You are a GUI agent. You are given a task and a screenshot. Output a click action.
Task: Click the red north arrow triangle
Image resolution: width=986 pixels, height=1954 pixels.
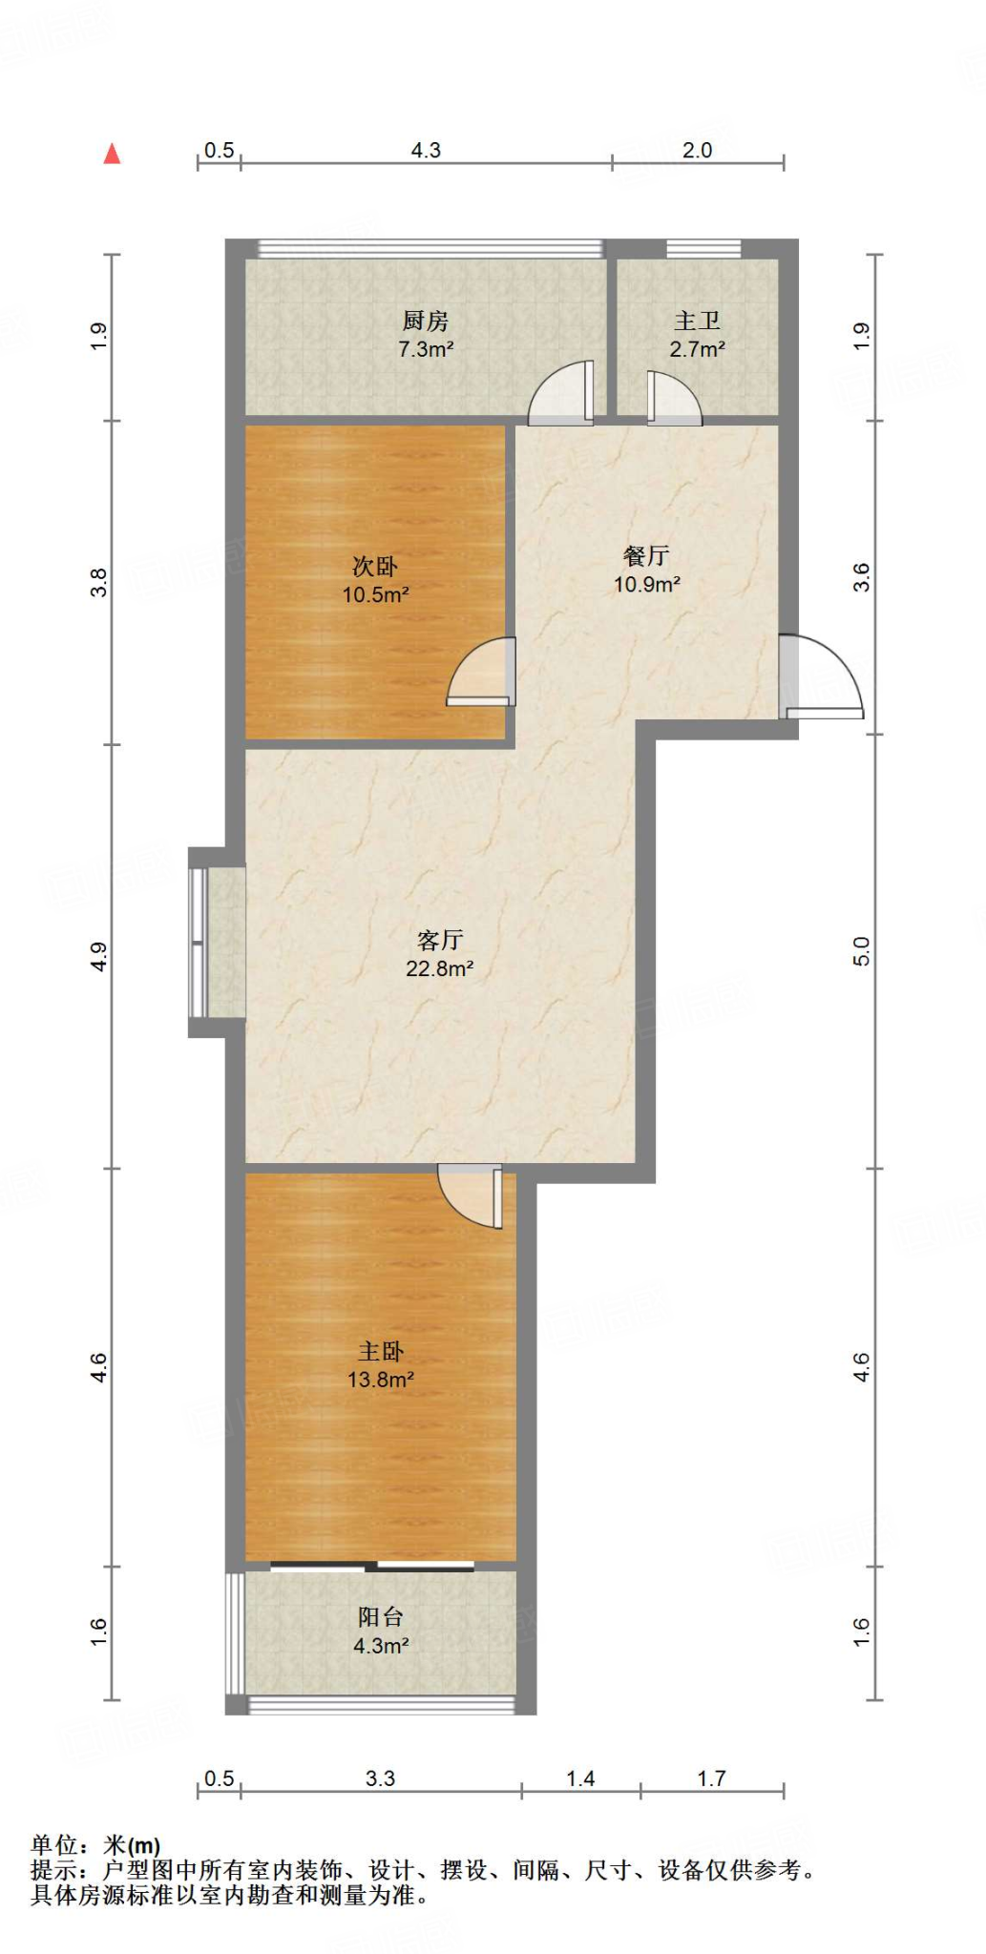(x=113, y=154)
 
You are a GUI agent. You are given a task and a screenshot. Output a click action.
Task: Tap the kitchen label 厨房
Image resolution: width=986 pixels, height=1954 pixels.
(x=426, y=321)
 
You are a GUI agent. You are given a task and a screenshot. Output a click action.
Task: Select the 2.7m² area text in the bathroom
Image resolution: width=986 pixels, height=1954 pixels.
(x=697, y=349)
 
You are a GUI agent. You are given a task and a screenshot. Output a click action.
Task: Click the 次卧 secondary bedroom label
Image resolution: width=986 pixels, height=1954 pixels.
(x=375, y=567)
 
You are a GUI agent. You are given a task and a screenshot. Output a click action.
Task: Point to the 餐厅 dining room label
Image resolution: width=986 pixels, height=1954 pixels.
(x=646, y=555)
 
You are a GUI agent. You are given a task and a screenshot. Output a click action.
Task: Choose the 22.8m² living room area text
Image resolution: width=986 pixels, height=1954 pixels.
(x=440, y=968)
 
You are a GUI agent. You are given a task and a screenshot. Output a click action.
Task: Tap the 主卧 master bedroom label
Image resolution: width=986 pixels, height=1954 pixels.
(x=381, y=1351)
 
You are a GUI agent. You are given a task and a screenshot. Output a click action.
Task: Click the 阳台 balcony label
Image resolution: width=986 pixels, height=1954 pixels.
(x=381, y=1616)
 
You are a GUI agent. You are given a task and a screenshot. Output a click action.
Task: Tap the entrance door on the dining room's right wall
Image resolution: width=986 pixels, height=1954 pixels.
(x=821, y=677)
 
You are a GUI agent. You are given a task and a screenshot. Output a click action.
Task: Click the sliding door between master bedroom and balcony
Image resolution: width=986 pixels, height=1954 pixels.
(x=372, y=1566)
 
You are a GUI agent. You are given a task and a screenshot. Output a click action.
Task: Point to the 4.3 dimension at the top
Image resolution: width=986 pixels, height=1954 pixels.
(x=426, y=150)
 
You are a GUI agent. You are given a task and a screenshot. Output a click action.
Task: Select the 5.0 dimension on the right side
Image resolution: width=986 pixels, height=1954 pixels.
(x=861, y=951)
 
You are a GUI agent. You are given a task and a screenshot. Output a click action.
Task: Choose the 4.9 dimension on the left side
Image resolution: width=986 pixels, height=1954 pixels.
(x=98, y=956)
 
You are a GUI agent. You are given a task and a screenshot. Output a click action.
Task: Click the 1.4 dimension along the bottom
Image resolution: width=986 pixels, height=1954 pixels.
(x=580, y=1778)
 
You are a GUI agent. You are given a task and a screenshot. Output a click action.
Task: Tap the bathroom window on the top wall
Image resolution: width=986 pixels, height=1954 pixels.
(x=703, y=249)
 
